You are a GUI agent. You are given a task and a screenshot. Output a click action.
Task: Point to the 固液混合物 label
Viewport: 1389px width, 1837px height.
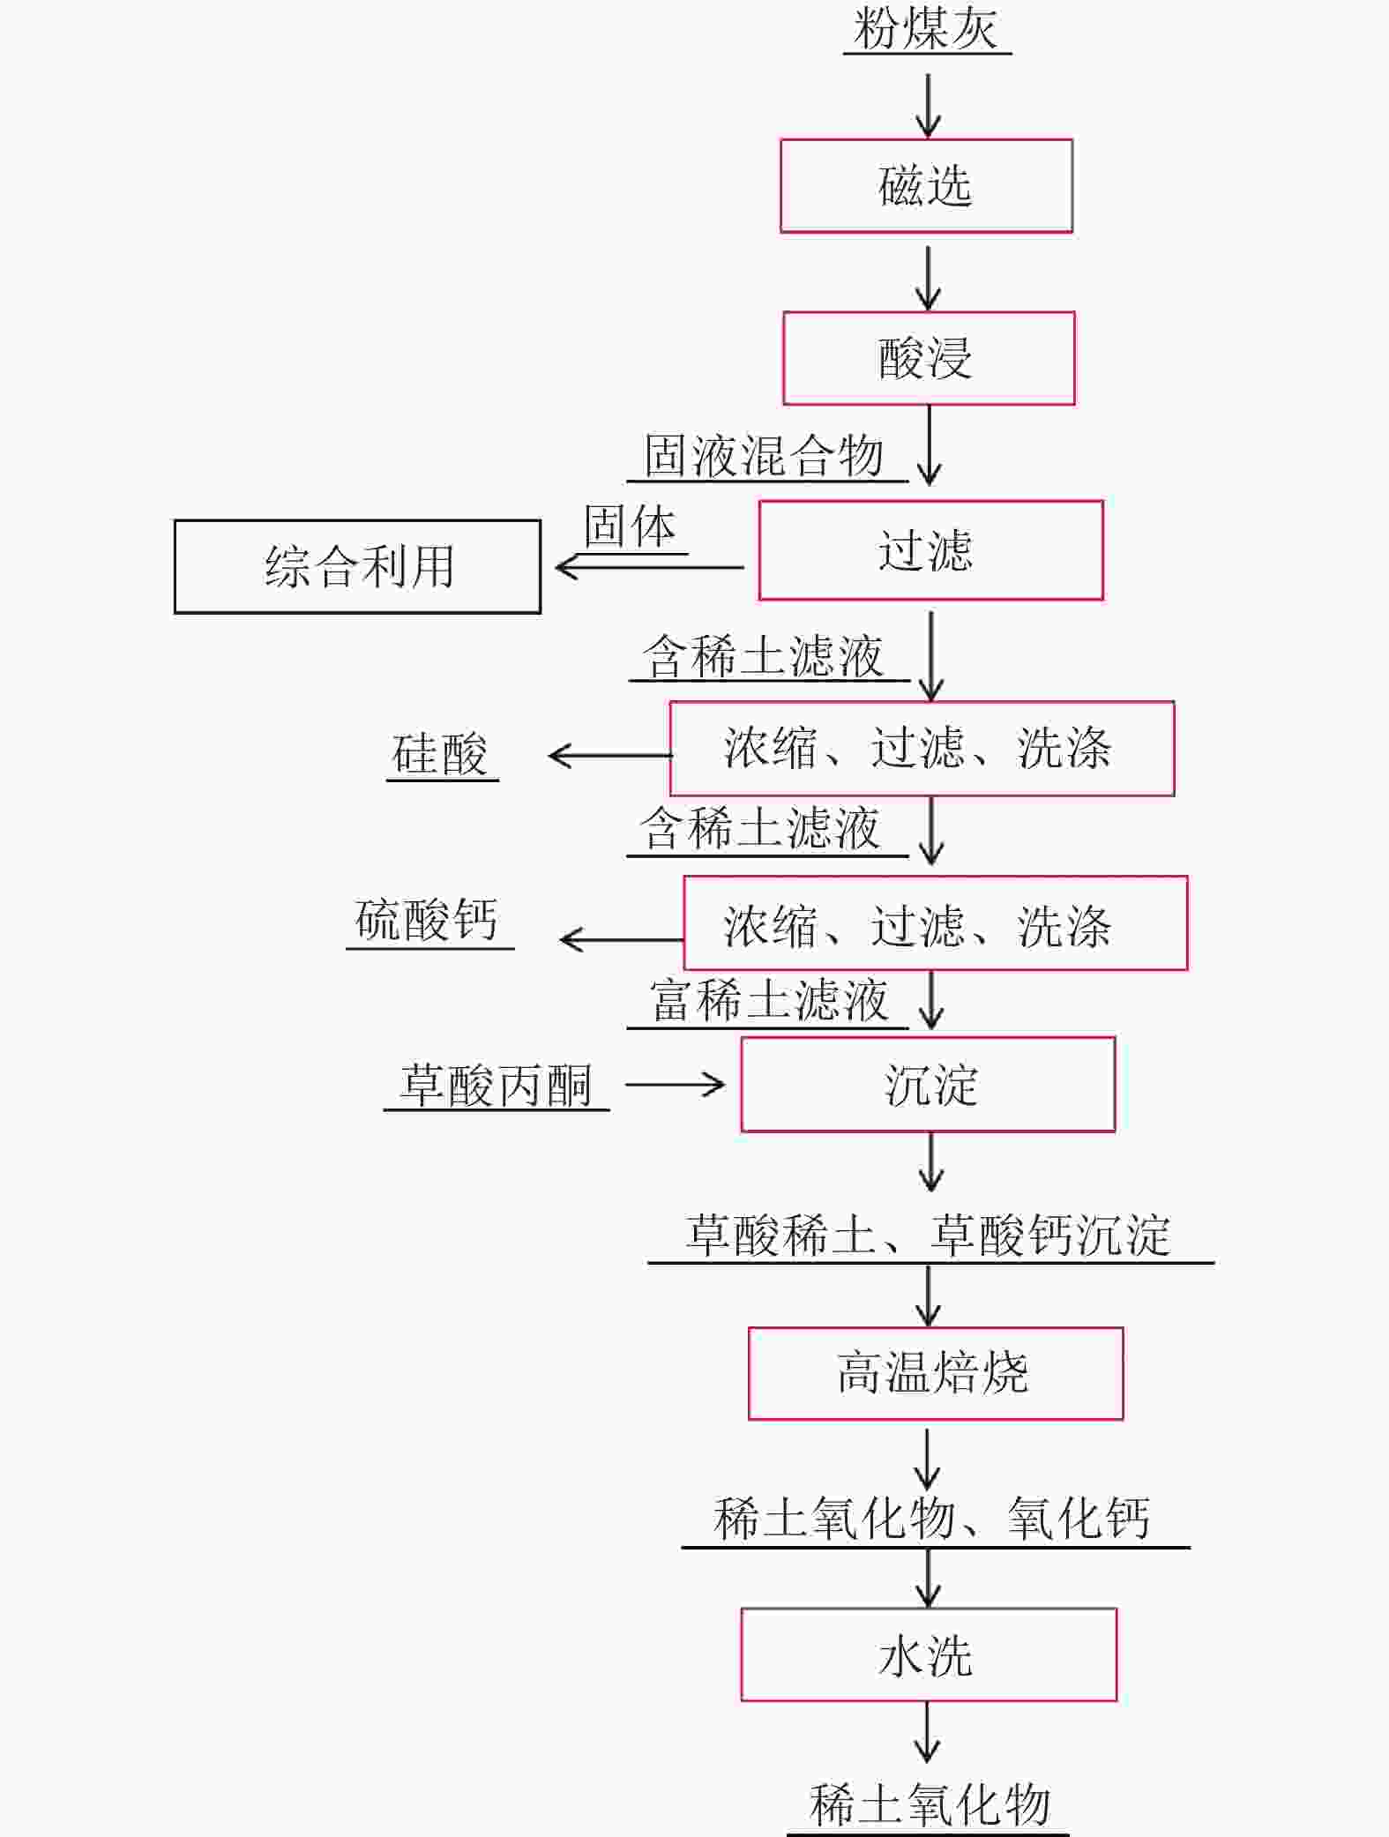pyautogui.click(x=764, y=456)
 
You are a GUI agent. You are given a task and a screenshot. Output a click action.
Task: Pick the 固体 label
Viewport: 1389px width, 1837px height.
pyautogui.click(x=630, y=526)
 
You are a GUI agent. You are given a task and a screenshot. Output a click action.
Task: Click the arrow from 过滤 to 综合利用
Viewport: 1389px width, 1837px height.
pyautogui.click(x=649, y=567)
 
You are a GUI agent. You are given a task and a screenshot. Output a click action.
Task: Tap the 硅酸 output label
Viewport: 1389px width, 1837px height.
pyautogui.click(x=440, y=754)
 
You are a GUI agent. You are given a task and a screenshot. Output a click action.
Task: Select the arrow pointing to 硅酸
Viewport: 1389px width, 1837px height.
pyautogui.click(x=609, y=756)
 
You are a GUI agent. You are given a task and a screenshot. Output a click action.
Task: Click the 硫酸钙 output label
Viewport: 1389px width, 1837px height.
pyautogui.click(x=427, y=920)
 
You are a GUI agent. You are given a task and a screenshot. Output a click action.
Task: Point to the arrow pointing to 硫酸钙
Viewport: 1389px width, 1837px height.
pyautogui.click(x=622, y=940)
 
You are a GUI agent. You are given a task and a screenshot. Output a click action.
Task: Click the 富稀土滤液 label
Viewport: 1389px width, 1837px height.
pyautogui.click(x=769, y=1000)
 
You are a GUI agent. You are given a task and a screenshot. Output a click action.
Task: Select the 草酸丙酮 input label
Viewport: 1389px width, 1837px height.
pyautogui.click(x=496, y=1085)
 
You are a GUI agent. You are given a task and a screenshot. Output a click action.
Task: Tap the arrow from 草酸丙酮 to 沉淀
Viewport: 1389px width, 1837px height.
pyautogui.click(x=675, y=1084)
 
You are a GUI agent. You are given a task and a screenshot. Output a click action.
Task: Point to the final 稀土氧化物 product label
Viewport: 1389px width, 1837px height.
pyautogui.click(x=930, y=1804)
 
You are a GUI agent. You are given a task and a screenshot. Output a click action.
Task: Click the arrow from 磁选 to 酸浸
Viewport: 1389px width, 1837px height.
pyautogui.click(x=928, y=278)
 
